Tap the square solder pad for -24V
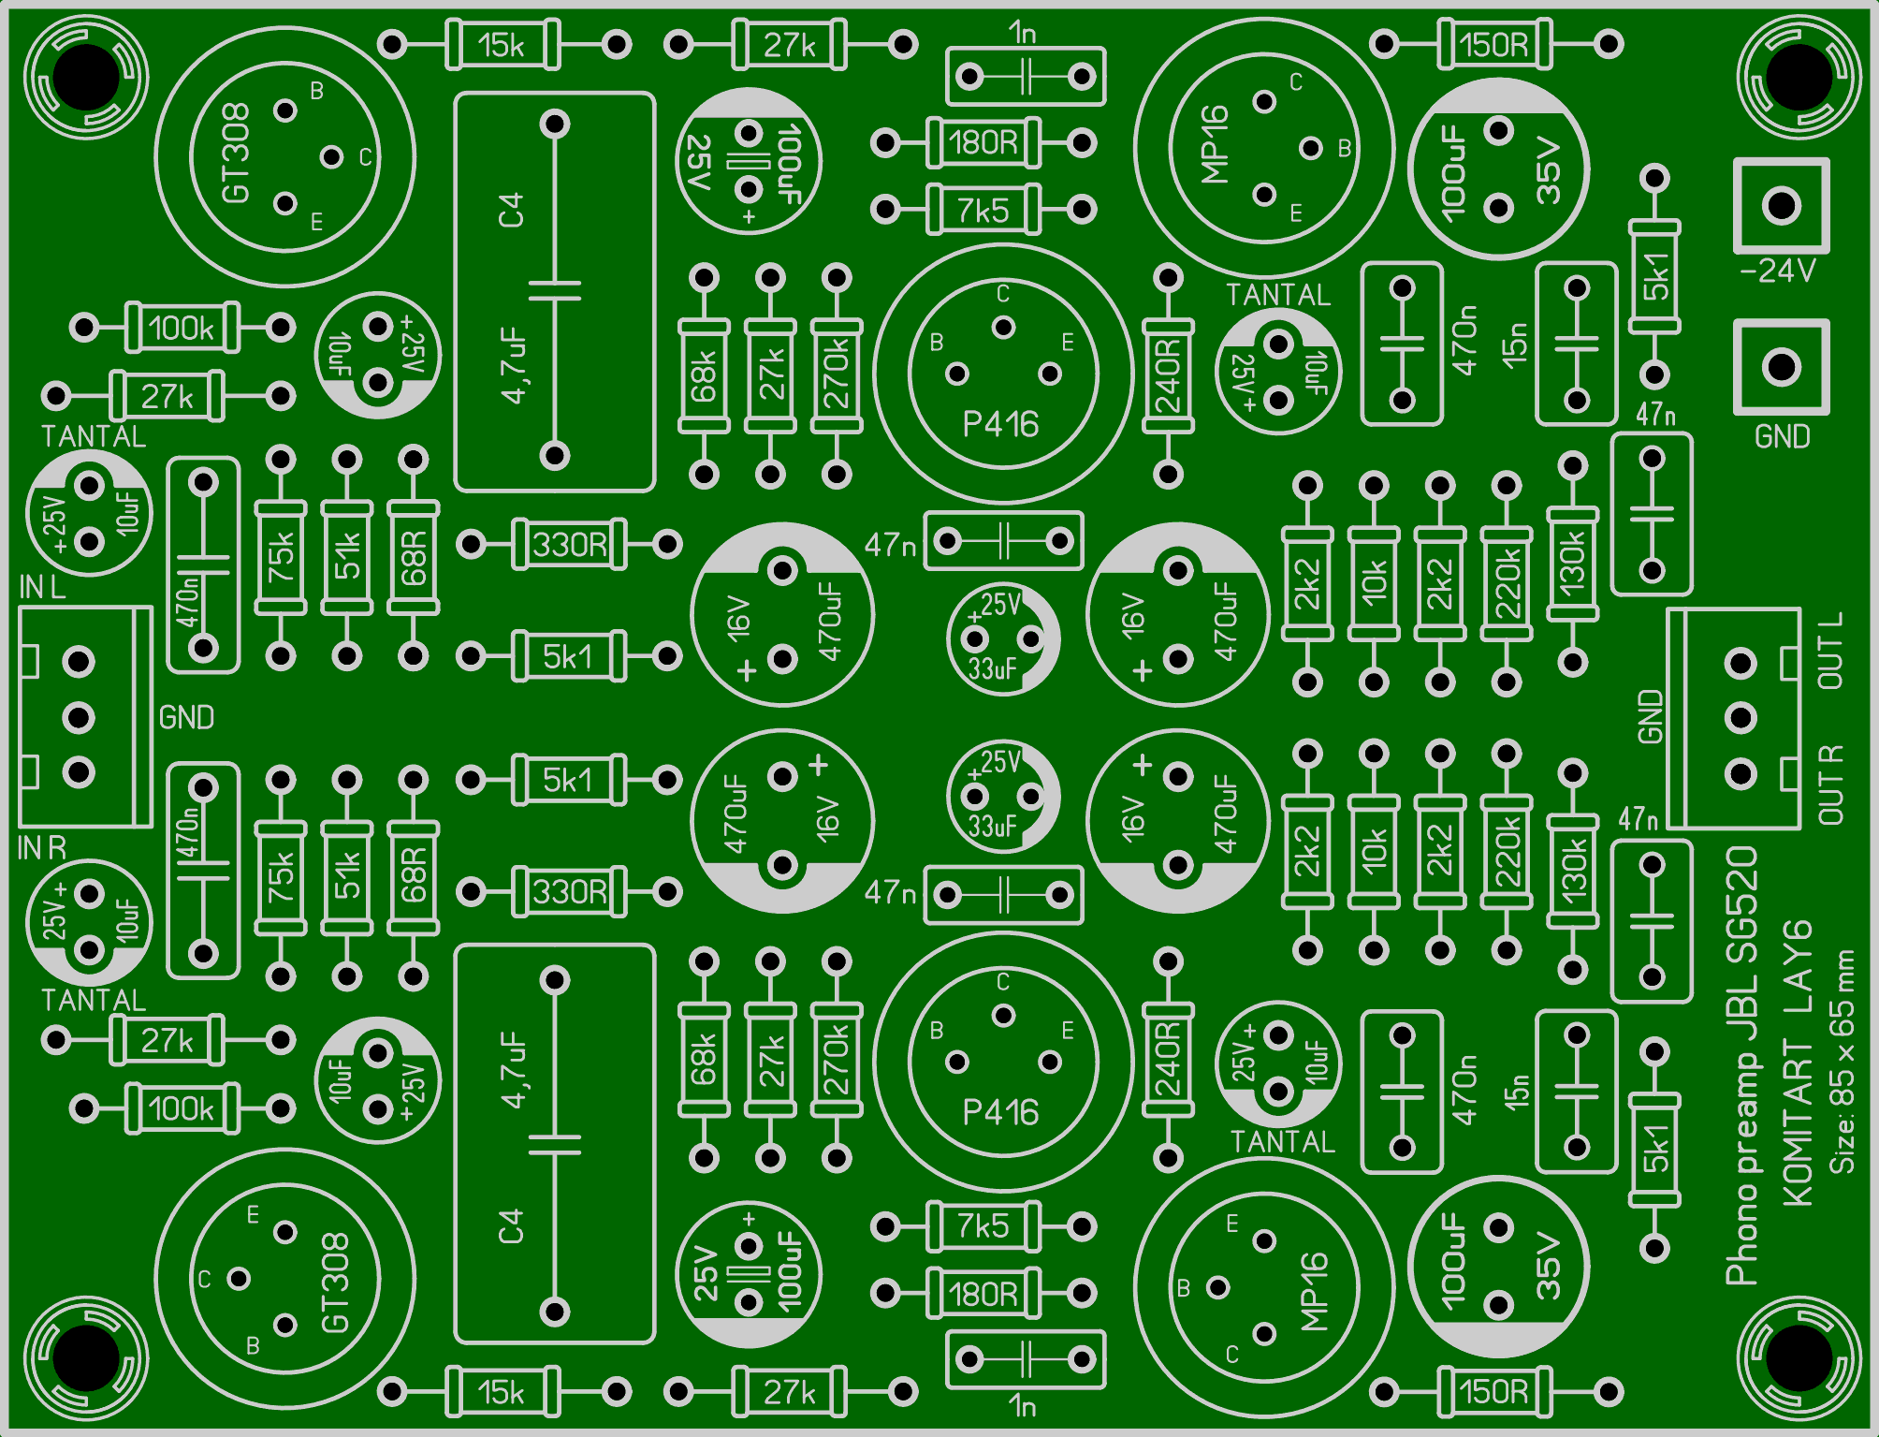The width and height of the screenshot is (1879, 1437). pyautogui.click(x=1781, y=205)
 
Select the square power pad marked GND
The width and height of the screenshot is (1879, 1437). pyautogui.click(x=1781, y=367)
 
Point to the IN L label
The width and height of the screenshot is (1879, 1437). pyautogui.click(x=42, y=588)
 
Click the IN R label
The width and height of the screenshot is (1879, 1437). pyautogui.click(x=42, y=848)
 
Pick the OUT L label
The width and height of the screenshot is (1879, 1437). pyautogui.click(x=1830, y=651)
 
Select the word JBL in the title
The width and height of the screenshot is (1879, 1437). pyautogui.click(x=1741, y=1002)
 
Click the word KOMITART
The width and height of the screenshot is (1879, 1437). pyautogui.click(x=1798, y=1122)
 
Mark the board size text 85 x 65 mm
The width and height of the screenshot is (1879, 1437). pyautogui.click(x=1843, y=1038)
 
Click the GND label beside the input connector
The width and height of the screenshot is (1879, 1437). pyautogui.click(x=186, y=718)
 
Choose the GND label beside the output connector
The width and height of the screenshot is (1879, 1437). pyautogui.click(x=1651, y=717)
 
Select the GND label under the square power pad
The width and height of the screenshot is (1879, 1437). pyautogui.click(x=1782, y=437)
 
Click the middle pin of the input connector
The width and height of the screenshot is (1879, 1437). pyautogui.click(x=79, y=718)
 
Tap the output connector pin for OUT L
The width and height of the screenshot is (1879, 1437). pyautogui.click(x=1741, y=664)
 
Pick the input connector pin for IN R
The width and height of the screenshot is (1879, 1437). pyautogui.click(x=79, y=772)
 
